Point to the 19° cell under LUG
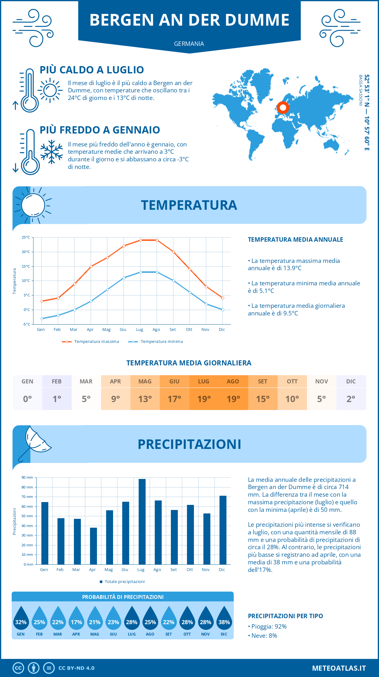pyautogui.click(x=204, y=399)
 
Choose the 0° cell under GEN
pyautogui.click(x=27, y=399)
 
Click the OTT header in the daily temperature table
pyautogui.click(x=292, y=382)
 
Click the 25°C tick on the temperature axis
pyautogui.click(x=26, y=237)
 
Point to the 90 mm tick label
pyautogui.click(x=27, y=477)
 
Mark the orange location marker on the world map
pyautogui.click(x=283, y=108)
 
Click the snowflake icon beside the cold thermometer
pyautogui.click(x=51, y=152)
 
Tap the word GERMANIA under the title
pyautogui.click(x=189, y=44)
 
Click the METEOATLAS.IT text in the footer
pyautogui.click(x=339, y=668)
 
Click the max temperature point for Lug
pyautogui.click(x=141, y=240)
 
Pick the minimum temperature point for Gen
pyautogui.click(x=42, y=319)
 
